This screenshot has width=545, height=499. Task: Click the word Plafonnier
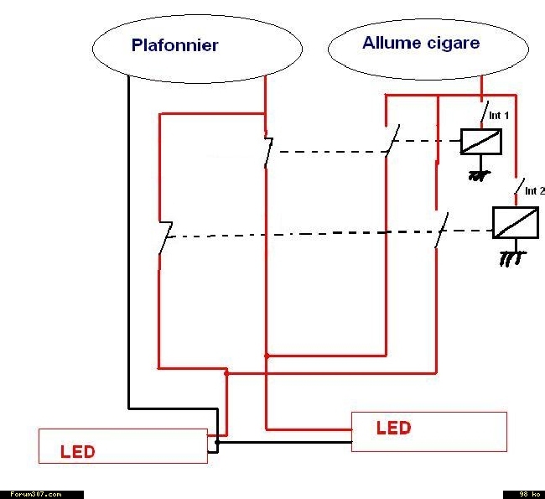click(x=175, y=45)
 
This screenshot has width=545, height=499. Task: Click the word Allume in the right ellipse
click(x=392, y=43)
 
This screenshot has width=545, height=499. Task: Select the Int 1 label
click(x=499, y=115)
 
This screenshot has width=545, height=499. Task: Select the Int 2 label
click(x=535, y=190)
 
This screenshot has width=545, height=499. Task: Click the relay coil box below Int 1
click(x=481, y=142)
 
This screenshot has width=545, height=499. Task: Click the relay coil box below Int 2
click(x=516, y=222)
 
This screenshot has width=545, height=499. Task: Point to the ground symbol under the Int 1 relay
click(x=480, y=175)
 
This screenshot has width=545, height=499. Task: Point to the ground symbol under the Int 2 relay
click(x=512, y=258)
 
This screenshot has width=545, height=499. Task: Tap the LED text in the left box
click(x=77, y=452)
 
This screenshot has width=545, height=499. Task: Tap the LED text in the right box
click(x=393, y=428)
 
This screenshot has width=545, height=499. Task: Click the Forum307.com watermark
click(x=36, y=494)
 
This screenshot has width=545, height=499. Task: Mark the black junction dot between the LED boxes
click(x=217, y=442)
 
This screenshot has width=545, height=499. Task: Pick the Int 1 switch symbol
click(x=484, y=112)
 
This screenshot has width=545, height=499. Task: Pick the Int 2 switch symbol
click(x=519, y=187)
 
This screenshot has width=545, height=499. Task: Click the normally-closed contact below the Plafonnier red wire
click(x=268, y=152)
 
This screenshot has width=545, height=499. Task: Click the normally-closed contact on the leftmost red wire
click(x=166, y=237)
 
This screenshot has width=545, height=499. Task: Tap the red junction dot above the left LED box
click(x=226, y=373)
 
